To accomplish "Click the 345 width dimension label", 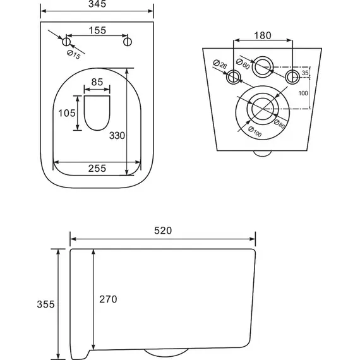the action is (97, 4).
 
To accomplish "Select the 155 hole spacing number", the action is (97, 30).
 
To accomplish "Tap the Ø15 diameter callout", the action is (74, 55).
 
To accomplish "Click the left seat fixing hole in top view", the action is (66, 42).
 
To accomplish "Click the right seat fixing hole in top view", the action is (128, 42).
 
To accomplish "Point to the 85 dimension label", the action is (97, 82).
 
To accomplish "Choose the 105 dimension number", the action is (66, 113).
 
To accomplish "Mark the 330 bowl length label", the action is (117, 136).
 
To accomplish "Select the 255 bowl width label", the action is (97, 169).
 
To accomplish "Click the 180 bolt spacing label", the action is (263, 35).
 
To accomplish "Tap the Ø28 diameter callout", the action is (220, 64).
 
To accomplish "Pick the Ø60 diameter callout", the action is (243, 64).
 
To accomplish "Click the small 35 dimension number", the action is (305, 73).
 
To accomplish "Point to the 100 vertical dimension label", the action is (303, 93).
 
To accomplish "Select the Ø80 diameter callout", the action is (279, 124).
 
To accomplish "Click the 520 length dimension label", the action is (163, 231).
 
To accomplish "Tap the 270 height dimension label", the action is (108, 299).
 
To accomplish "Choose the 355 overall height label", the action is (45, 304).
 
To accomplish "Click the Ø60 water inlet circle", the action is (263, 57).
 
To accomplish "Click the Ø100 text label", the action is (255, 132).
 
